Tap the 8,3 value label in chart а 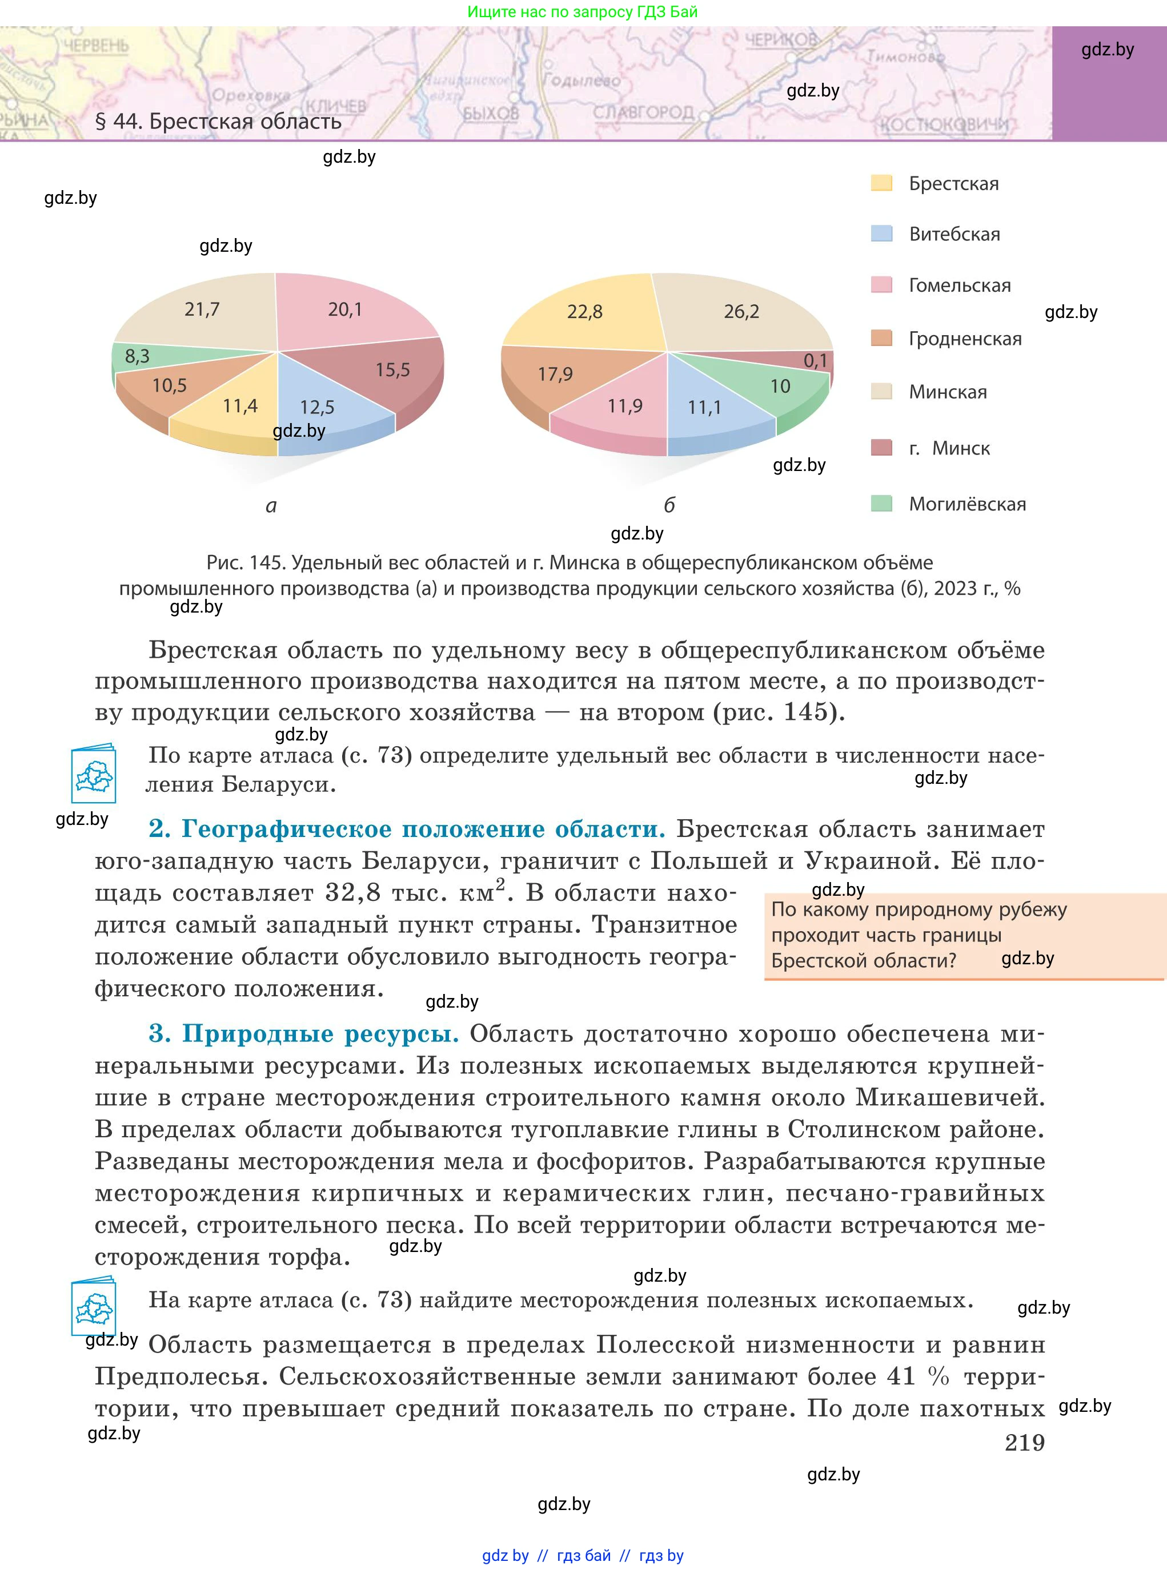[x=137, y=356]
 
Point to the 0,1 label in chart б [x=815, y=361]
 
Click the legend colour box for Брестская [x=881, y=183]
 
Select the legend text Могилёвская [x=967, y=504]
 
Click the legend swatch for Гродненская [x=881, y=338]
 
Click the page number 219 [x=1024, y=1442]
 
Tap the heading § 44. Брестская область [x=218, y=122]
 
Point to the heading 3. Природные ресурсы [x=304, y=1033]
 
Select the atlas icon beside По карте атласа [x=93, y=774]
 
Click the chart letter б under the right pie [x=669, y=505]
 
